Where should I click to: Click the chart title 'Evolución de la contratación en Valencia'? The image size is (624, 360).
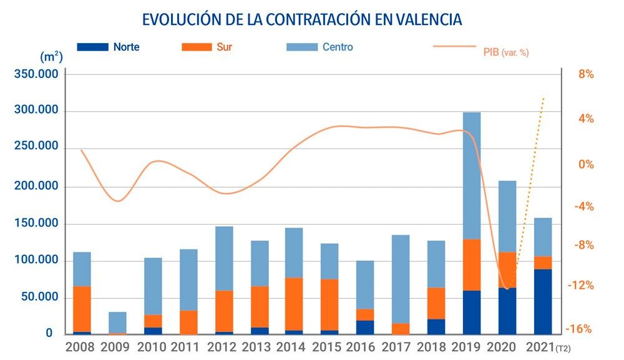(302, 19)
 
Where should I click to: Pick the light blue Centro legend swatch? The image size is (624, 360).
(301, 47)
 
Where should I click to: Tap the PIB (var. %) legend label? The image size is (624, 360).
(506, 52)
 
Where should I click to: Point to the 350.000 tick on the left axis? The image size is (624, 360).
(36, 74)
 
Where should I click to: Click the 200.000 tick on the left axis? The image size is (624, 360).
(36, 187)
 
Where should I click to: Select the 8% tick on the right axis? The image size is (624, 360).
(586, 74)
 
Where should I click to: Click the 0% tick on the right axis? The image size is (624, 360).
(586, 164)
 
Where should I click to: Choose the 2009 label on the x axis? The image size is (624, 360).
(115, 346)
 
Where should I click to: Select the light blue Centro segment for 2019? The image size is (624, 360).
(472, 175)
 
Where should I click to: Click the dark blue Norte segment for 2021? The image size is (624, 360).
(543, 302)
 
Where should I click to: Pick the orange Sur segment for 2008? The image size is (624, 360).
(82, 309)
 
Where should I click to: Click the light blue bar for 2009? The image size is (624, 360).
(117, 322)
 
